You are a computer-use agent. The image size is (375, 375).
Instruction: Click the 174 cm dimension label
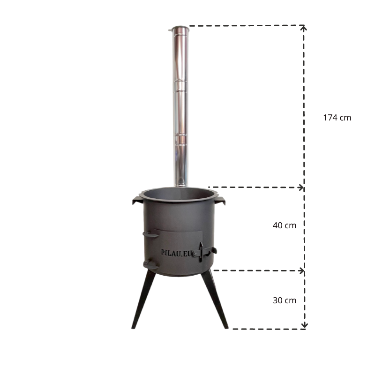tap(337, 118)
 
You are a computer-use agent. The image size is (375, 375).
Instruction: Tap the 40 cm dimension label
tap(284, 225)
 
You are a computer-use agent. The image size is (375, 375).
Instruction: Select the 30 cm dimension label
tap(284, 300)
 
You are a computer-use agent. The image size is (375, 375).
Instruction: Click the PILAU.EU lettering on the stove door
tap(177, 252)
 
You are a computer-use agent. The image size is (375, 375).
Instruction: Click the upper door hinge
tap(150, 233)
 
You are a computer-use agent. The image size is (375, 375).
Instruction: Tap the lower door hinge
tap(150, 265)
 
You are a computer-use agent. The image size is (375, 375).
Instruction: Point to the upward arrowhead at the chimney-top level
tap(304, 28)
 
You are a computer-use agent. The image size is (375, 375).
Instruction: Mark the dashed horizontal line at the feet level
tap(267, 329)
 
